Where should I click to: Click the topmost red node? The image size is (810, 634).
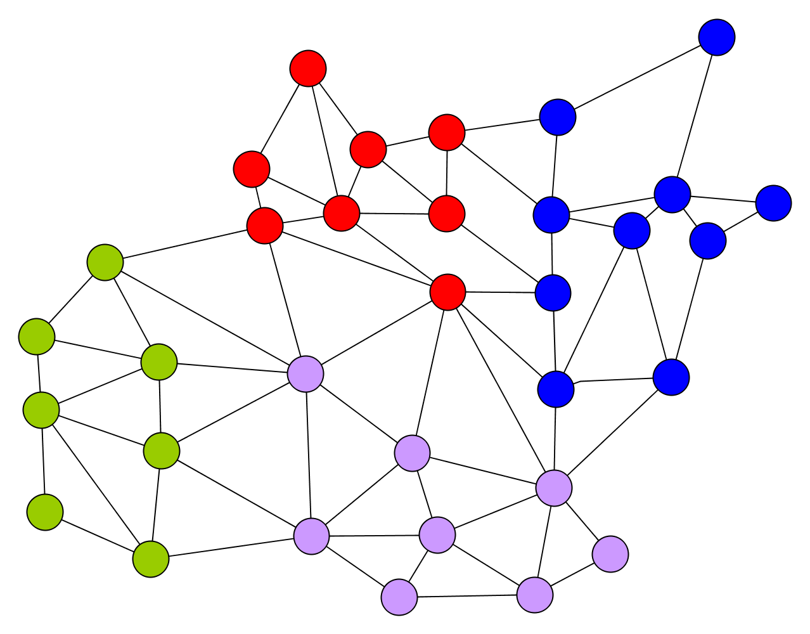(x=308, y=68)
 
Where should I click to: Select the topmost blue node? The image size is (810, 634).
(x=717, y=37)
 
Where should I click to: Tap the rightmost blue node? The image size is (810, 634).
(x=773, y=203)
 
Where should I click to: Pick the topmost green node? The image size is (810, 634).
(x=105, y=262)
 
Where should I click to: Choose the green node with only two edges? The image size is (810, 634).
(x=45, y=512)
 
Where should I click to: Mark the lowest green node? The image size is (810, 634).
(x=151, y=559)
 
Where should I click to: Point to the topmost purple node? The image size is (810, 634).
(x=305, y=373)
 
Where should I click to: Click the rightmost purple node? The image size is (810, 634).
(x=610, y=553)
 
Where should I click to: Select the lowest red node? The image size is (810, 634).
(x=447, y=292)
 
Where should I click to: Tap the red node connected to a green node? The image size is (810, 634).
(x=265, y=225)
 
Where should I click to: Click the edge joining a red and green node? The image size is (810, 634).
(x=185, y=244)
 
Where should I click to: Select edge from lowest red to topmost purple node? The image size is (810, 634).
(x=376, y=333)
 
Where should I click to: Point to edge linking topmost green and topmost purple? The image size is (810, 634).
(x=205, y=318)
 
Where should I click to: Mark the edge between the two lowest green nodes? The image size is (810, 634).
(x=98, y=536)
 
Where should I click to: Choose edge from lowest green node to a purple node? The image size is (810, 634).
(x=231, y=548)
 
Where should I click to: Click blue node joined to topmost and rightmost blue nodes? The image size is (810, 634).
(x=672, y=194)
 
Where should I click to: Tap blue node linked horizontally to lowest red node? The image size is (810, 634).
(x=553, y=293)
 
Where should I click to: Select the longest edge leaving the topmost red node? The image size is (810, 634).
(x=325, y=140)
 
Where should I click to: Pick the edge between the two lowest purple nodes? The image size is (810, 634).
(x=467, y=596)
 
